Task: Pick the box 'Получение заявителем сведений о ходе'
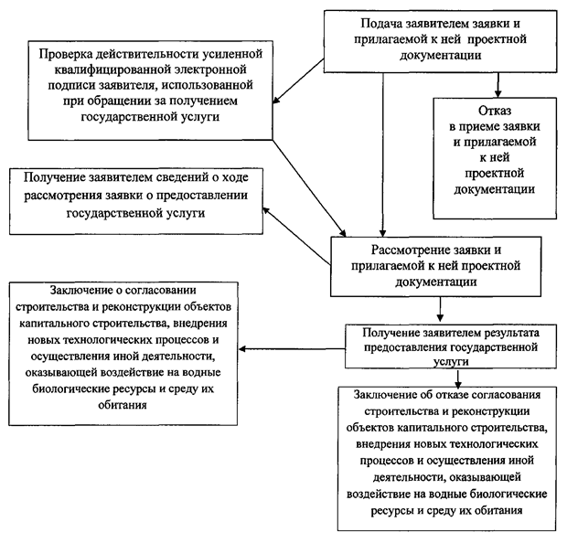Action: click(x=134, y=195)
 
